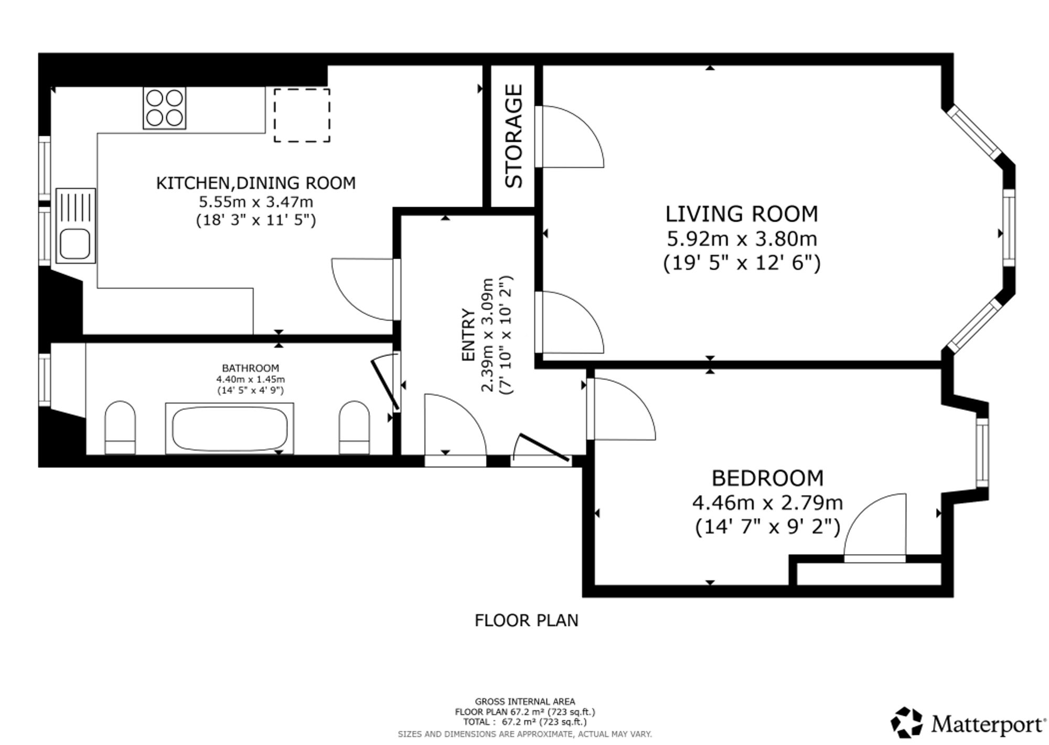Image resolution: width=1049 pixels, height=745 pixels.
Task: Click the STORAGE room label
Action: pyautogui.click(x=513, y=136)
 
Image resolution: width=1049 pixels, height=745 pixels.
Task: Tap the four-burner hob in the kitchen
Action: pyautogui.click(x=164, y=108)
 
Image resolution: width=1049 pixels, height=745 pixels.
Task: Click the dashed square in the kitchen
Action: pyautogui.click(x=302, y=115)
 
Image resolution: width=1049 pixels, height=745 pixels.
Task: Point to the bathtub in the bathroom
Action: pyautogui.click(x=230, y=428)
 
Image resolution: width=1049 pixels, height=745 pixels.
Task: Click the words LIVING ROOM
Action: pyautogui.click(x=742, y=214)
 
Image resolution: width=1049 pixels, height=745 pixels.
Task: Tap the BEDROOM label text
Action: pyautogui.click(x=767, y=478)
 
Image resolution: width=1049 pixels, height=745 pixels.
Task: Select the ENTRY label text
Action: pyautogui.click(x=468, y=335)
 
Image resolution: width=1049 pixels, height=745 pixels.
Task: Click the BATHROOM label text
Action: pyautogui.click(x=250, y=368)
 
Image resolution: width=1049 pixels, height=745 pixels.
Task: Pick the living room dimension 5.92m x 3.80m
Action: pyautogui.click(x=742, y=239)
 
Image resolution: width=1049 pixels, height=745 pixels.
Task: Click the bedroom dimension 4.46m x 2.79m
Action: pyautogui.click(x=767, y=503)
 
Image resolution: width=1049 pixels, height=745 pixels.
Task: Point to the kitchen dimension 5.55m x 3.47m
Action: pyautogui.click(x=256, y=201)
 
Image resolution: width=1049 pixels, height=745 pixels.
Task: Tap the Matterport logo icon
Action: pyautogui.click(x=907, y=722)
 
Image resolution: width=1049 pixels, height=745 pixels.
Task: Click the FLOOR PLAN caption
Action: pyautogui.click(x=526, y=620)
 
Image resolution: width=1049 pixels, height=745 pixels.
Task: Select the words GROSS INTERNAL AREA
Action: pyautogui.click(x=525, y=701)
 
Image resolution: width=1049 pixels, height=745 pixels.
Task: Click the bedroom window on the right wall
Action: pyautogui.click(x=982, y=453)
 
